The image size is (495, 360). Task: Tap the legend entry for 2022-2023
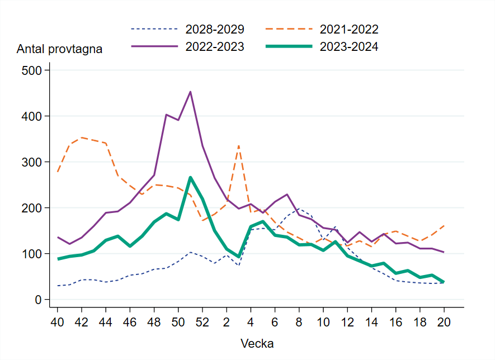[x=214, y=47]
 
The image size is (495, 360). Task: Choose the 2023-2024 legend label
[x=349, y=47]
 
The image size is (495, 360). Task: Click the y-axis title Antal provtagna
[x=60, y=49]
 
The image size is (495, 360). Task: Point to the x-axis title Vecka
[x=257, y=343]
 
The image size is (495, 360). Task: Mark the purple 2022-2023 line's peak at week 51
[x=190, y=92]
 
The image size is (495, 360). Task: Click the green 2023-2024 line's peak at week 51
[x=190, y=177]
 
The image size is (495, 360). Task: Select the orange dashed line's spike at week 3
[x=239, y=145]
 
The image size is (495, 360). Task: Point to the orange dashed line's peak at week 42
[x=82, y=138]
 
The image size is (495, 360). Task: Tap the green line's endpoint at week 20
[x=444, y=282]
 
